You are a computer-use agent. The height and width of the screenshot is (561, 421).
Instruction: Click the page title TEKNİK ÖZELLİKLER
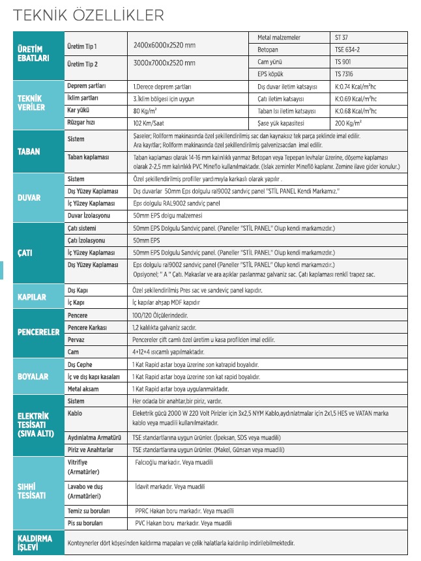(x=90, y=14)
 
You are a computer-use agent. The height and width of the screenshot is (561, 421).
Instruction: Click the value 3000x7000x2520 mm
(x=163, y=63)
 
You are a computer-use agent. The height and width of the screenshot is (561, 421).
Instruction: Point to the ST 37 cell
(x=342, y=38)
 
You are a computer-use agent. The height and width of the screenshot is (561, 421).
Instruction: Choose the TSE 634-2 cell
(x=347, y=50)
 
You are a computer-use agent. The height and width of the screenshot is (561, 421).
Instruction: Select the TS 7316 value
(x=344, y=74)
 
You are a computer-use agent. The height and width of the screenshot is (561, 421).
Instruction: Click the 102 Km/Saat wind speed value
(x=151, y=122)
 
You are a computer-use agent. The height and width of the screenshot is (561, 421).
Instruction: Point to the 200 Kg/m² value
(x=349, y=122)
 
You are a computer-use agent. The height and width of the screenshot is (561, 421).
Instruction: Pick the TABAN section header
(x=28, y=151)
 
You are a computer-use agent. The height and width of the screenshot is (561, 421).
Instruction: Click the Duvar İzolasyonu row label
(x=89, y=215)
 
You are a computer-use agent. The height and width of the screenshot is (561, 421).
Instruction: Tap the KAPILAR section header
(x=31, y=296)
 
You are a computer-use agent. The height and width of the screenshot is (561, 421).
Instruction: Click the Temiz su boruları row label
(x=89, y=511)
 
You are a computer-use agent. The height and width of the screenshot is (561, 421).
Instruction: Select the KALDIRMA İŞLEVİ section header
(x=34, y=542)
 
